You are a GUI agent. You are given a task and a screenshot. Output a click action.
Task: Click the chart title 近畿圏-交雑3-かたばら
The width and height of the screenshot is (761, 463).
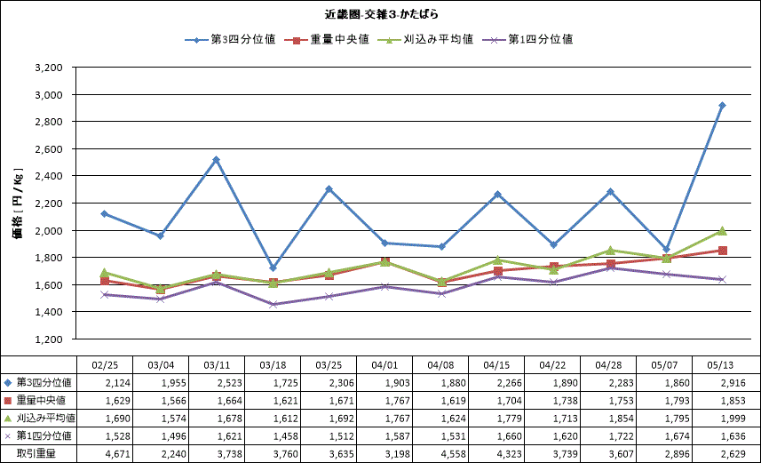coord(381,14)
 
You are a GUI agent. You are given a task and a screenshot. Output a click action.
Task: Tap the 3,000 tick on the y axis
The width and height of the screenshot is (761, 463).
coord(49,95)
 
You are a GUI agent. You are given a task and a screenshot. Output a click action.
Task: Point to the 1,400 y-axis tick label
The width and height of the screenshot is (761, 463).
coord(49,312)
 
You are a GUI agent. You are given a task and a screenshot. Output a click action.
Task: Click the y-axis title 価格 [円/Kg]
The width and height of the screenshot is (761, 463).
coord(18,204)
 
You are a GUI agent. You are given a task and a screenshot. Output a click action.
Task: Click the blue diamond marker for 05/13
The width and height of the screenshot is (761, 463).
coord(722,106)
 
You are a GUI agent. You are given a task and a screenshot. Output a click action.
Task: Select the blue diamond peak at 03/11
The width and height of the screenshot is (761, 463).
coord(217,159)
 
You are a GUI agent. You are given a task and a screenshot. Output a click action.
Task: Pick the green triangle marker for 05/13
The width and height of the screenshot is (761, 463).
coord(722,231)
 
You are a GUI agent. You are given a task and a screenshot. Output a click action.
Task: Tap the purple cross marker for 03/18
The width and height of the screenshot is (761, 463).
coord(273,304)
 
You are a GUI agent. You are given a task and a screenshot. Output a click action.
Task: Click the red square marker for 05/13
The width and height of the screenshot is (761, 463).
coord(722,251)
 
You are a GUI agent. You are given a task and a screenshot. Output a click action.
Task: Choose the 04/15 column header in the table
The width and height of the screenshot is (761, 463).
coord(496,365)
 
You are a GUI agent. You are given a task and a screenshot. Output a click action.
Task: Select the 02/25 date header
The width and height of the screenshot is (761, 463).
coord(105,365)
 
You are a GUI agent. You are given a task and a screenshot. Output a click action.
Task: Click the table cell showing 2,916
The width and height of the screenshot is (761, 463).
coord(733,383)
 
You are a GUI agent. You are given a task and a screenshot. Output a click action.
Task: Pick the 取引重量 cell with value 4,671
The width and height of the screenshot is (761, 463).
coord(117,454)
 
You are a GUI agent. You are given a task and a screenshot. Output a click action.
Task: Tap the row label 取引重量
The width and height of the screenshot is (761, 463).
coord(36,454)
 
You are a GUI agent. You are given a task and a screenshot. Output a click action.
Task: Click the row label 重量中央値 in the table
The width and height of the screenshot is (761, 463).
coord(41,400)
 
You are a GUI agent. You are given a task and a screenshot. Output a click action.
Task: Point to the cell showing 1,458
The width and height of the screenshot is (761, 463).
coord(285,436)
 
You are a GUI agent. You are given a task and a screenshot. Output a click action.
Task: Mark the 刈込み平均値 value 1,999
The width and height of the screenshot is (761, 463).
coord(733,419)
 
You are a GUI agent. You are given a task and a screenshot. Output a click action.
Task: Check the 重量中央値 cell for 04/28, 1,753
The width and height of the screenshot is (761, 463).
coord(621,401)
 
